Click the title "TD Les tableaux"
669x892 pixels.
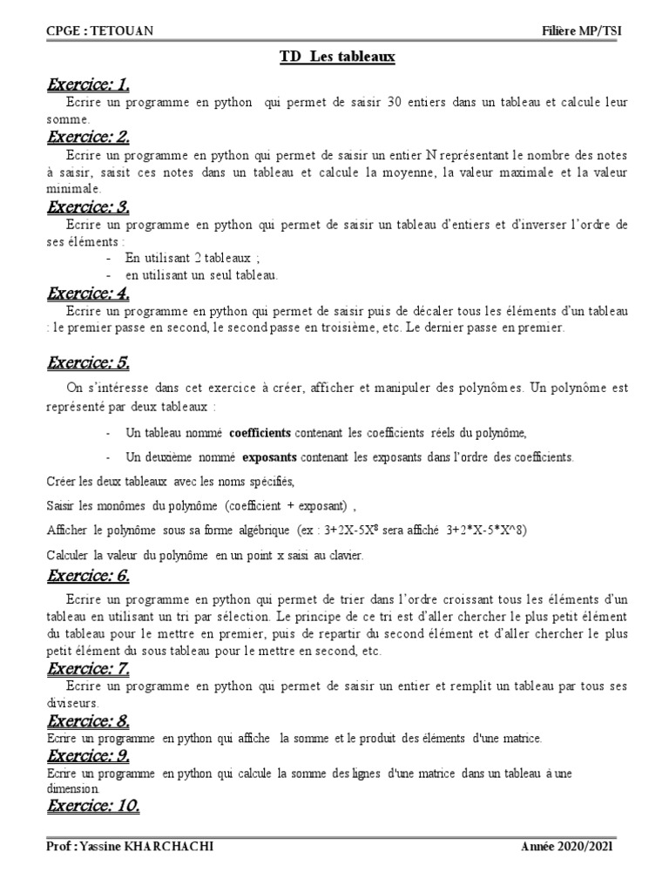point(337,57)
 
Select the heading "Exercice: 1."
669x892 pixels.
point(88,84)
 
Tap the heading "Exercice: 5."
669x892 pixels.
point(88,362)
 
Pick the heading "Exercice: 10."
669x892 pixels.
point(93,806)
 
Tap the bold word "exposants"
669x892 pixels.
point(270,456)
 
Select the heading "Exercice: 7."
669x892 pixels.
point(88,669)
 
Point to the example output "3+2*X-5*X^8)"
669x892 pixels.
point(487,530)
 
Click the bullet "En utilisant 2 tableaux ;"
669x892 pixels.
point(187,259)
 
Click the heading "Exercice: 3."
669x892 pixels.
point(88,206)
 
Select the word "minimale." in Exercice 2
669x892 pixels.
point(73,188)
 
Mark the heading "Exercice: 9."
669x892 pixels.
point(88,754)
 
